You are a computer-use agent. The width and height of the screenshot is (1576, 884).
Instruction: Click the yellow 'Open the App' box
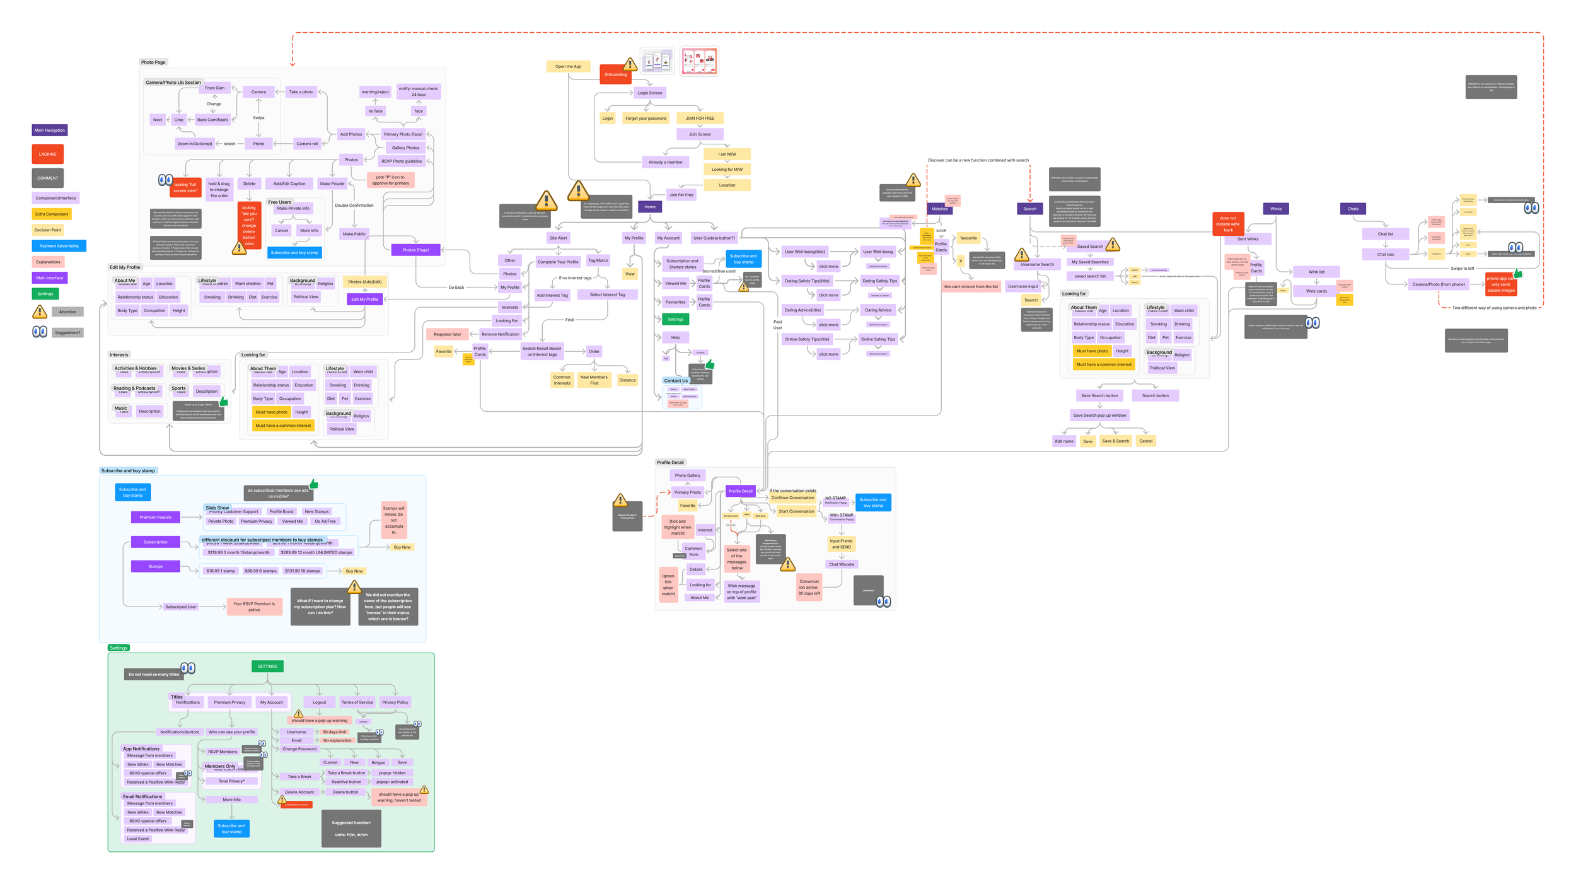point(568,66)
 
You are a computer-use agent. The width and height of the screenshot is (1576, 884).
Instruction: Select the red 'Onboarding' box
point(615,74)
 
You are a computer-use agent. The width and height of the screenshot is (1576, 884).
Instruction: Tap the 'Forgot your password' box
point(646,118)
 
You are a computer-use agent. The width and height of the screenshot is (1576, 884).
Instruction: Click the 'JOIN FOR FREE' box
point(700,118)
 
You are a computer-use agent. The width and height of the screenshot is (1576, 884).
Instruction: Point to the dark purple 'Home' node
point(649,207)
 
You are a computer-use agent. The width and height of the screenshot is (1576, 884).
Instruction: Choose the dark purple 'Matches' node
point(939,209)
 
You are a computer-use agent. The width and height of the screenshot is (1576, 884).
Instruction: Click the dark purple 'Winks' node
point(1275,209)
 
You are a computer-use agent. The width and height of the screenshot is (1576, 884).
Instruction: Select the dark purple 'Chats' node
point(1353,209)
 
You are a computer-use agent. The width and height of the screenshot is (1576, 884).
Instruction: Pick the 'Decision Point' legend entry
point(48,230)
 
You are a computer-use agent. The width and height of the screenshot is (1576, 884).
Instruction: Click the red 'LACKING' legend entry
point(48,154)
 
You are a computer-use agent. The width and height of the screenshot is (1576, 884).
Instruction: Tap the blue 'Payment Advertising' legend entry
point(59,246)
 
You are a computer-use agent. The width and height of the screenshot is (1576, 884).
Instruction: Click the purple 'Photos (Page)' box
point(415,250)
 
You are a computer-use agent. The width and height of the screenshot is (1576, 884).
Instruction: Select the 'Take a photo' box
point(301,92)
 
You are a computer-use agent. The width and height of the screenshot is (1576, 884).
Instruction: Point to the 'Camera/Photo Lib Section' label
point(173,83)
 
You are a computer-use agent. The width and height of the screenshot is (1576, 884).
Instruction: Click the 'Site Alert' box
point(558,238)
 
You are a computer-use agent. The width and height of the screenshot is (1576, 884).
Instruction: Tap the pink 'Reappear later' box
point(447,334)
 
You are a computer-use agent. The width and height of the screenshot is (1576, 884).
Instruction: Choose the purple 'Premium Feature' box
point(156,517)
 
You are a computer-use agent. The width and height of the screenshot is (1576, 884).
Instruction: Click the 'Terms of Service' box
point(357,702)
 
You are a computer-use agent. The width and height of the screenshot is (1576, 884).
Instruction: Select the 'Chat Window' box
point(842,564)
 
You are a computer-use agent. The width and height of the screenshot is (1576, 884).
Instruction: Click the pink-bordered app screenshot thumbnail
point(699,61)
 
